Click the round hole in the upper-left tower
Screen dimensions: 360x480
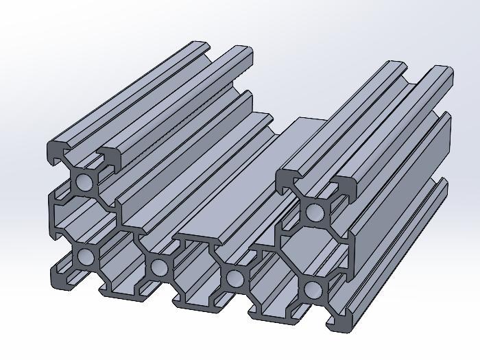85,182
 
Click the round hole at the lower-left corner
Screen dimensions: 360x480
86,257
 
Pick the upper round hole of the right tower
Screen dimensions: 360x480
315,211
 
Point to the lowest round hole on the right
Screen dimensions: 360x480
313,289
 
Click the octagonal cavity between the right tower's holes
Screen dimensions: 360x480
313,250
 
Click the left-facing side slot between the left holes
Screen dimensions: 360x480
58,219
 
